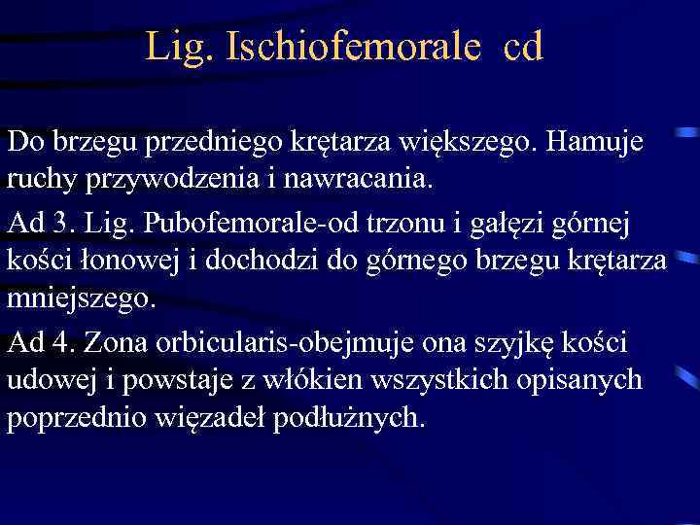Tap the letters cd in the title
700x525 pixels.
pos(523,47)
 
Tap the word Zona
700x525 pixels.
pos(119,342)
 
